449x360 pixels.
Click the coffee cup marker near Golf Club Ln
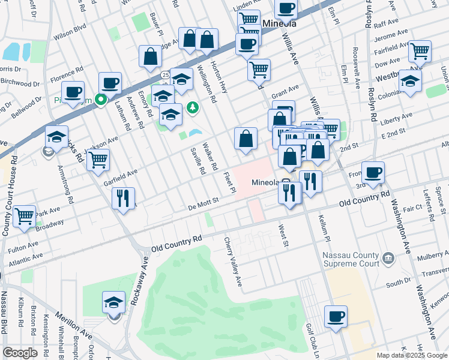pyautogui.click(x=336, y=316)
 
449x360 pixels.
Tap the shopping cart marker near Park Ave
pyautogui.click(x=24, y=216)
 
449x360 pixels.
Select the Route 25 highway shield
pyautogui.click(x=164, y=75)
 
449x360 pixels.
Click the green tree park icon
pyautogui.click(x=193, y=108)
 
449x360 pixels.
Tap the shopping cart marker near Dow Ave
pyautogui.click(x=420, y=51)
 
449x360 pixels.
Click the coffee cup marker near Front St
pyautogui.click(x=373, y=172)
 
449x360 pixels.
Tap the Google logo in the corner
pyautogui.click(x=20, y=353)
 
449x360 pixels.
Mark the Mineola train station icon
pyautogui.click(x=286, y=182)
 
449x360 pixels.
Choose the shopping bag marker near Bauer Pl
pyautogui.click(x=150, y=57)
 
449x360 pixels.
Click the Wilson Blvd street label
pyautogui.click(x=70, y=31)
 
